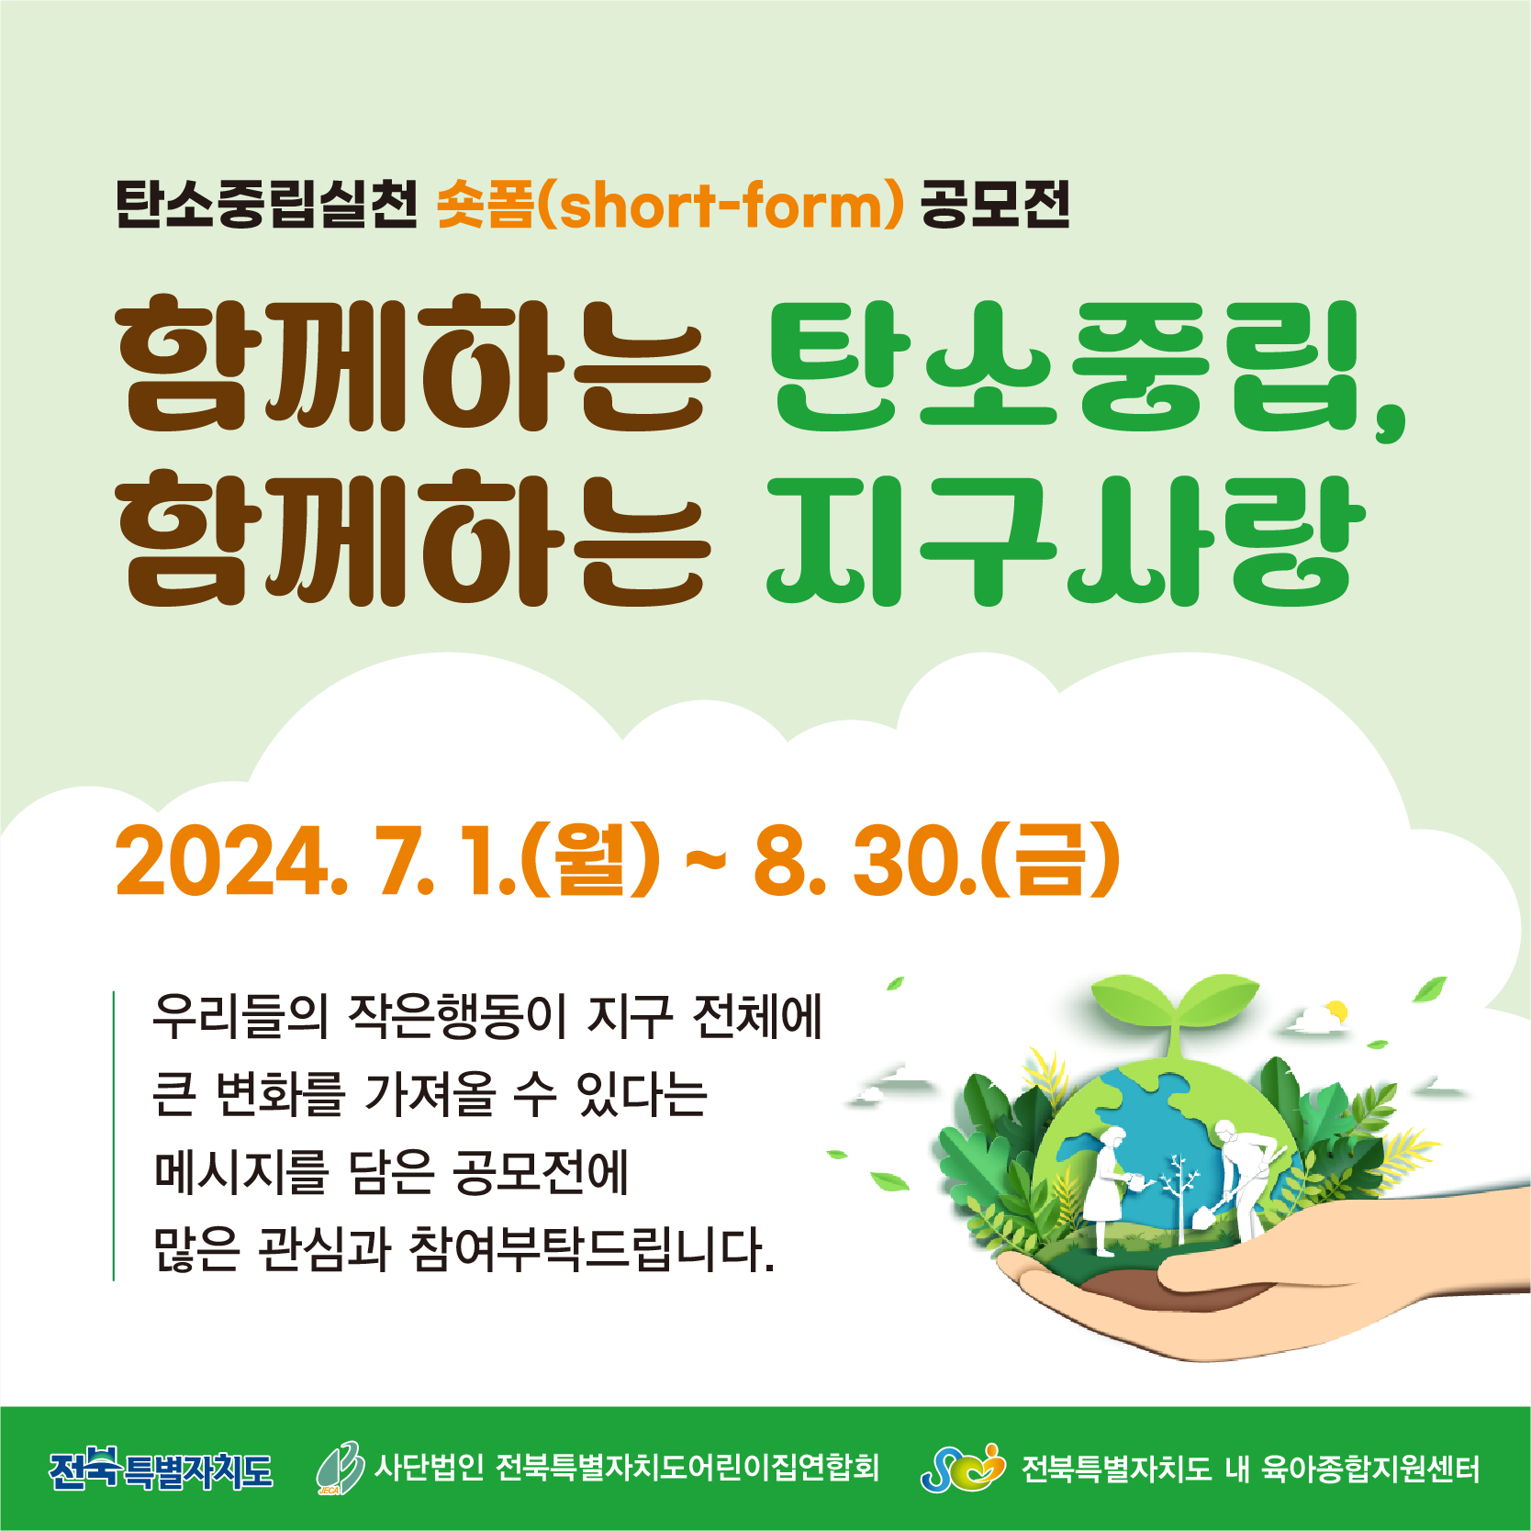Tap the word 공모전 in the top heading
point(995,204)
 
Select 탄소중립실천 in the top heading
point(266,204)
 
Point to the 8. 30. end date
point(864,861)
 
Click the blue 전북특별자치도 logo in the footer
point(162,1470)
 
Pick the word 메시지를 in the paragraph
point(240,1171)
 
